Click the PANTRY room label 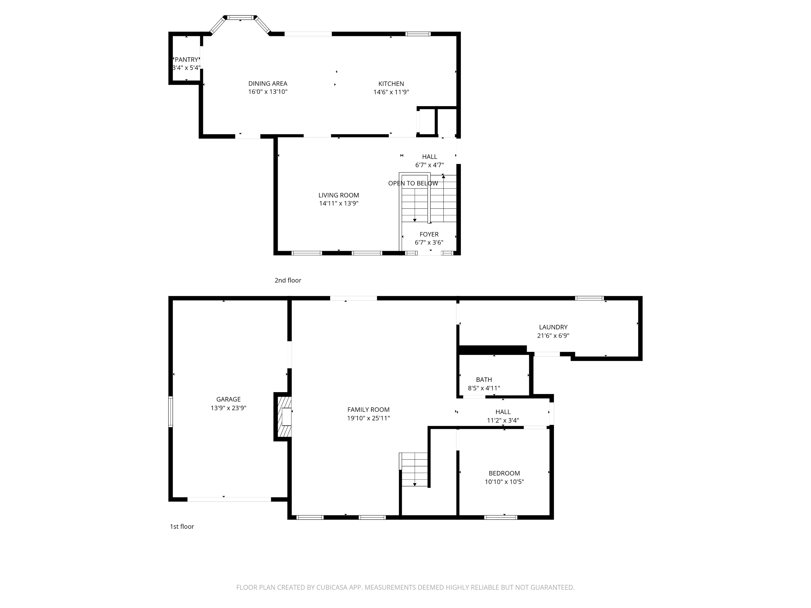point(186,59)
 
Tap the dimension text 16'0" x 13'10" point(268,92)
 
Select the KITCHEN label point(391,83)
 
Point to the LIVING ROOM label point(338,195)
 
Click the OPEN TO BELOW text point(413,183)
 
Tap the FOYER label point(429,234)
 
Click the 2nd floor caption point(288,280)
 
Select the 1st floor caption point(182,527)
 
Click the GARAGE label point(228,399)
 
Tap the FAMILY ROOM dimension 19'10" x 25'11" point(368,418)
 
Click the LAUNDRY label point(553,327)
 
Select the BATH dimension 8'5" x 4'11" point(484,388)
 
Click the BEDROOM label point(504,473)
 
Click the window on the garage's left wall point(171,412)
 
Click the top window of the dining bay point(240,18)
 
